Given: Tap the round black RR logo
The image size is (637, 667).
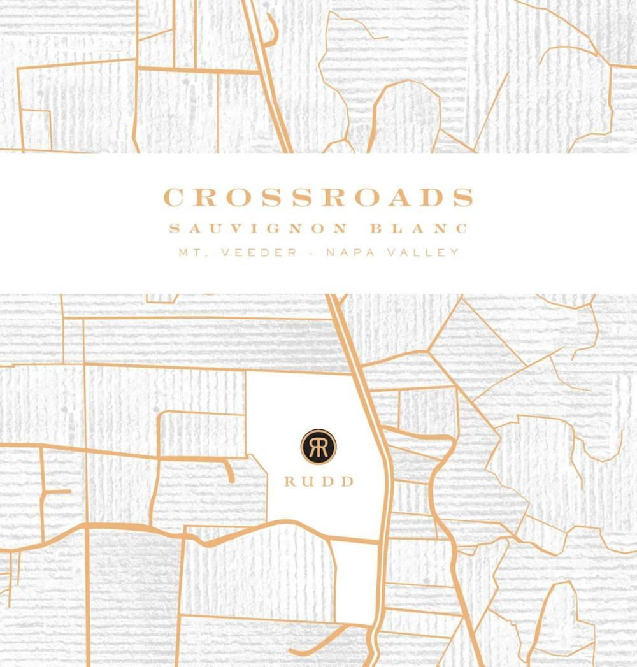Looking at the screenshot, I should tap(318, 447).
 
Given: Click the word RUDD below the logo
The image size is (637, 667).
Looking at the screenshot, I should tap(318, 482).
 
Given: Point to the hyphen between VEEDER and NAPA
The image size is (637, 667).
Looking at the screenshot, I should tap(311, 252).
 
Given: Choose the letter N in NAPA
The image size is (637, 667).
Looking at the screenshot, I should tap(331, 252).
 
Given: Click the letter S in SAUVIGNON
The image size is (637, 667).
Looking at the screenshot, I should tap(174, 229).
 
